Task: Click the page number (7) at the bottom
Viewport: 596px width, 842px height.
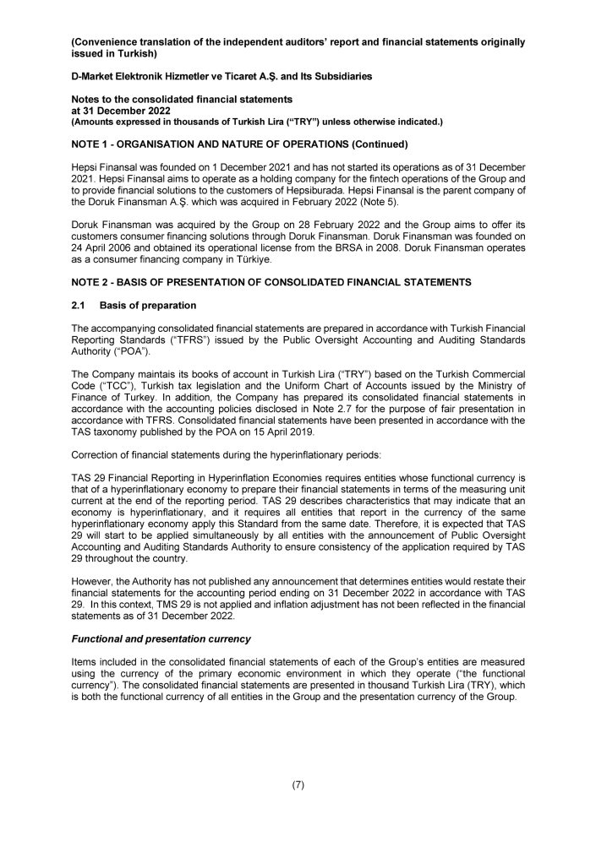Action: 298,785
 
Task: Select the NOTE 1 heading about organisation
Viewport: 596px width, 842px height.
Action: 228,144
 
